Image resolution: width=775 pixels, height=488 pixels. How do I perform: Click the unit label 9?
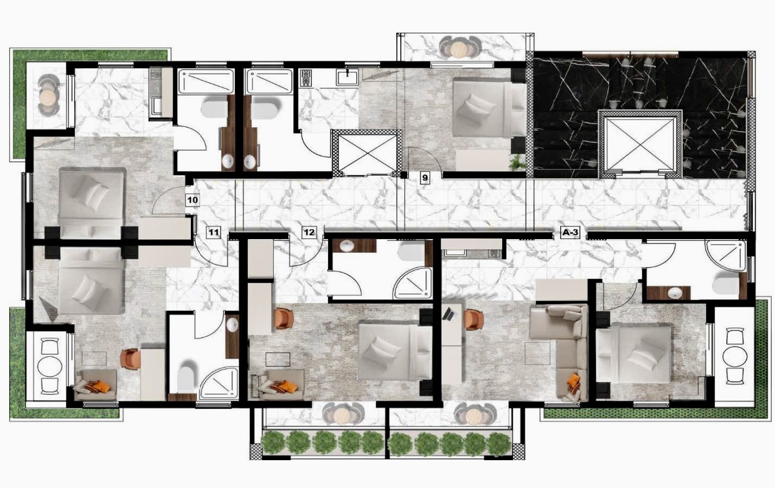pyautogui.click(x=425, y=178)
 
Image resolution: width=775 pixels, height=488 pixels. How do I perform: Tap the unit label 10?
pyautogui.click(x=193, y=200)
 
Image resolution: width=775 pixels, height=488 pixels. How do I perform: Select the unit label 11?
pyautogui.click(x=213, y=232)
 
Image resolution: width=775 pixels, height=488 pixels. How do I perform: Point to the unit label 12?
pyautogui.click(x=309, y=232)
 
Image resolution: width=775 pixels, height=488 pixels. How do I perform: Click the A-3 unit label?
pyautogui.click(x=570, y=232)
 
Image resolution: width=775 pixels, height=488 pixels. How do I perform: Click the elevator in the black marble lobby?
pyautogui.click(x=640, y=144)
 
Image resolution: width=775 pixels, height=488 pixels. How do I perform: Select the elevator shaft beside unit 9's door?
pyautogui.click(x=367, y=153)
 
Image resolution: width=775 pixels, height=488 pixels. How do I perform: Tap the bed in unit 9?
pyautogui.click(x=489, y=107)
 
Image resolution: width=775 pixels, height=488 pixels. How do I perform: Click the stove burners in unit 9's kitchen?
pyautogui.click(x=306, y=78)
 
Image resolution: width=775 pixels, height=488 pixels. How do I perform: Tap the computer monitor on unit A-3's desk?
pyautogui.click(x=449, y=314)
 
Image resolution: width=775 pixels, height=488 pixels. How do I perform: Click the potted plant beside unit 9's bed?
pyautogui.click(x=517, y=162)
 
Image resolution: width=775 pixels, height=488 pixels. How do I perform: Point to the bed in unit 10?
pyautogui.click(x=91, y=203)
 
